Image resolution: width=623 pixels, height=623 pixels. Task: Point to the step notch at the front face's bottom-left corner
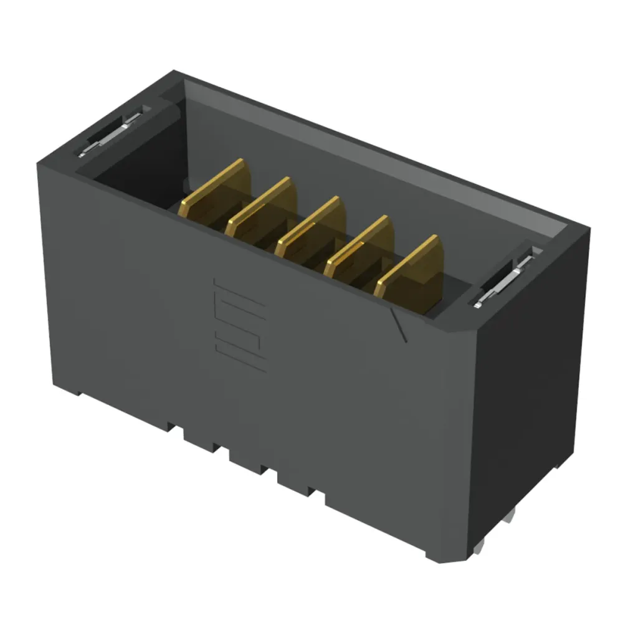(78, 392)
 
